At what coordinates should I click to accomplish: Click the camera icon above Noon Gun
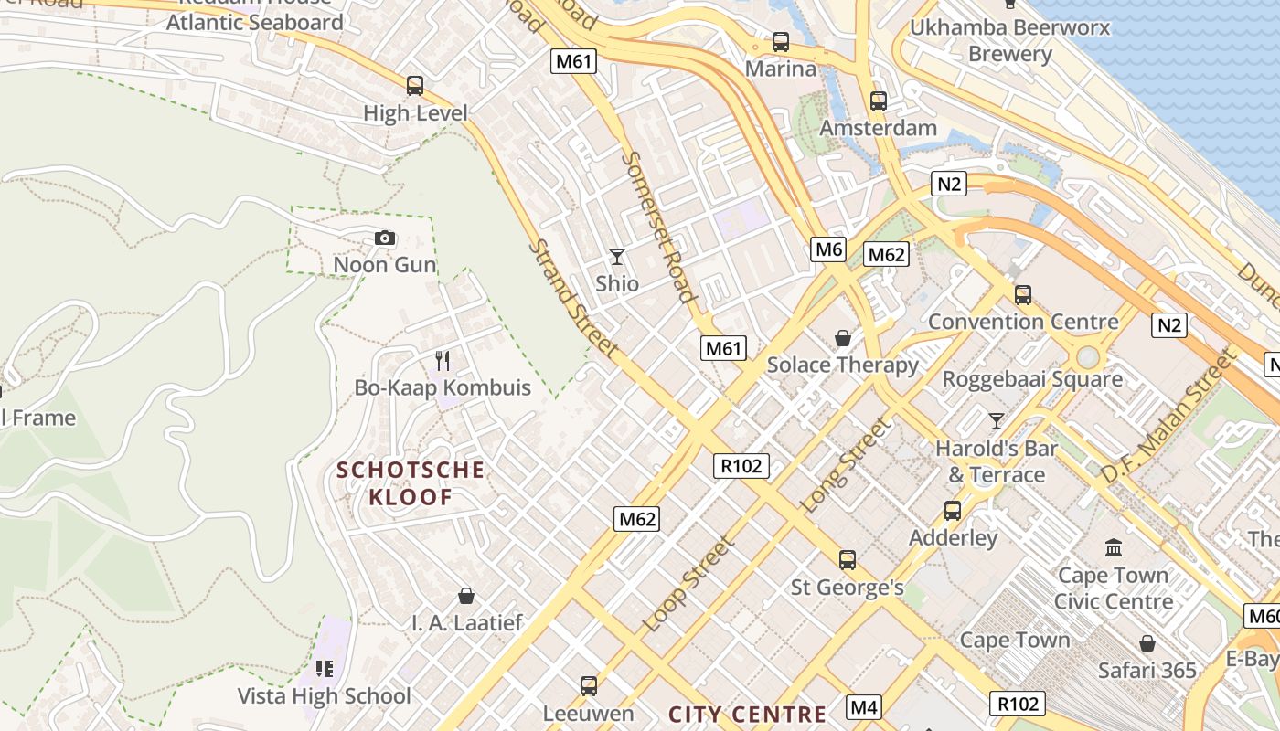385,238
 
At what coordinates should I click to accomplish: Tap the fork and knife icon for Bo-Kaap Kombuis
443,360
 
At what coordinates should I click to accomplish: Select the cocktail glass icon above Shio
617,257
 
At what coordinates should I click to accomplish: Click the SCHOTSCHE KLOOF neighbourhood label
411,483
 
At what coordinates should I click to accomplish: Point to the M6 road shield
827,249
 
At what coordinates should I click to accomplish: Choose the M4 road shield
864,706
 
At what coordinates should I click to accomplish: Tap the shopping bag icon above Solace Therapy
842,339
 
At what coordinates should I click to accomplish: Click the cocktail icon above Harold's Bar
997,421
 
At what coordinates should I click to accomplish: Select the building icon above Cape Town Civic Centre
1114,547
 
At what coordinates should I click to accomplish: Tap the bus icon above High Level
415,86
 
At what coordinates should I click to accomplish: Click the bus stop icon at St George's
848,559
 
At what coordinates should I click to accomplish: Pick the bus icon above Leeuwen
589,685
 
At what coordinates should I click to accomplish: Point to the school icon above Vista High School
324,669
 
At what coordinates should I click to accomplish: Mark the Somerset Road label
657,225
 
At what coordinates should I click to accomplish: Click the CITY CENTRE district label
748,715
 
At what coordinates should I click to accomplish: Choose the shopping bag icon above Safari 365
1147,643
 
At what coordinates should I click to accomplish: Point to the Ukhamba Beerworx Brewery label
1010,40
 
